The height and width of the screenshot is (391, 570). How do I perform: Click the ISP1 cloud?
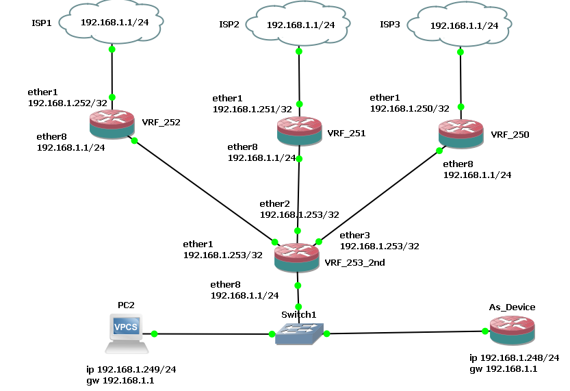(x=112, y=23)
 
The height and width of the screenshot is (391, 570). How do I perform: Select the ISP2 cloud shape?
(x=298, y=25)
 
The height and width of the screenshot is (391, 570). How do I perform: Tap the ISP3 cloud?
(x=460, y=25)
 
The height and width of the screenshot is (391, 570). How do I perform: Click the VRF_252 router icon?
(x=112, y=124)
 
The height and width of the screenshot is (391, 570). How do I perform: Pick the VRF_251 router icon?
(x=300, y=131)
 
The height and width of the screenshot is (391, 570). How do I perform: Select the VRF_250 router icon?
(x=461, y=134)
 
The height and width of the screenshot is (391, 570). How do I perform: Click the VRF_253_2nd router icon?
(x=297, y=258)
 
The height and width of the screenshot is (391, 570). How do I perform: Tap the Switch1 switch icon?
(x=299, y=334)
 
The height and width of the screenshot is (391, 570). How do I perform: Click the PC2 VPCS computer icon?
(x=127, y=333)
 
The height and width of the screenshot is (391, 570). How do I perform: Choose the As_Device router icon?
(x=513, y=330)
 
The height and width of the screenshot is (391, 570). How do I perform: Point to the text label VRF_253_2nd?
(x=354, y=262)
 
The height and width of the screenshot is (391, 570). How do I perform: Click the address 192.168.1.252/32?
(x=68, y=103)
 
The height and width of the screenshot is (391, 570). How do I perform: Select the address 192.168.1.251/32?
(x=252, y=109)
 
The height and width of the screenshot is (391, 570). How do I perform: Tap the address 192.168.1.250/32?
(x=410, y=108)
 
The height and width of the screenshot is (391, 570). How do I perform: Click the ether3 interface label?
(x=354, y=236)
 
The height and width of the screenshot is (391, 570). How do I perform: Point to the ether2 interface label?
(x=275, y=203)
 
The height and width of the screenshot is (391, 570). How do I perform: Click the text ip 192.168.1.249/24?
(x=131, y=370)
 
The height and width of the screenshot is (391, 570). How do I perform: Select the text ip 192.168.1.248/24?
(x=515, y=358)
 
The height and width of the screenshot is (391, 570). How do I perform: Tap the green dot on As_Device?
(x=485, y=331)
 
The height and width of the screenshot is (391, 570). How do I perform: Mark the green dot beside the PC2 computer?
(x=154, y=333)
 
